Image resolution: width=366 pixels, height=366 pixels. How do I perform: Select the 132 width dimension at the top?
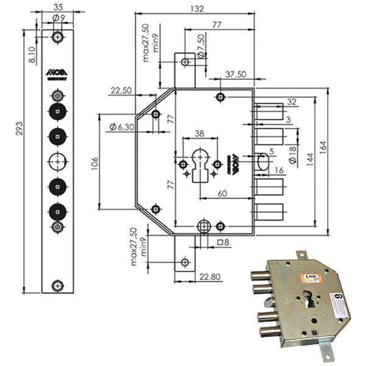click(195, 9)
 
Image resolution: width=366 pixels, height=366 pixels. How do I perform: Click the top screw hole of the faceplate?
click(57, 37)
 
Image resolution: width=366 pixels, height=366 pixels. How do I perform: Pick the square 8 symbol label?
click(223, 242)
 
